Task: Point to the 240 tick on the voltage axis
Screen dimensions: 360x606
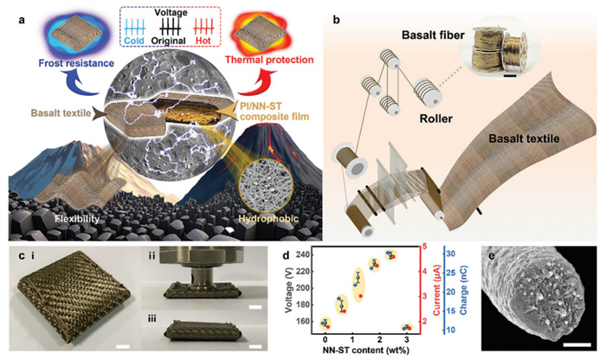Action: [x=325, y=255]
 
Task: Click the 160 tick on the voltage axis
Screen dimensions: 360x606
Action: [x=325, y=322]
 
